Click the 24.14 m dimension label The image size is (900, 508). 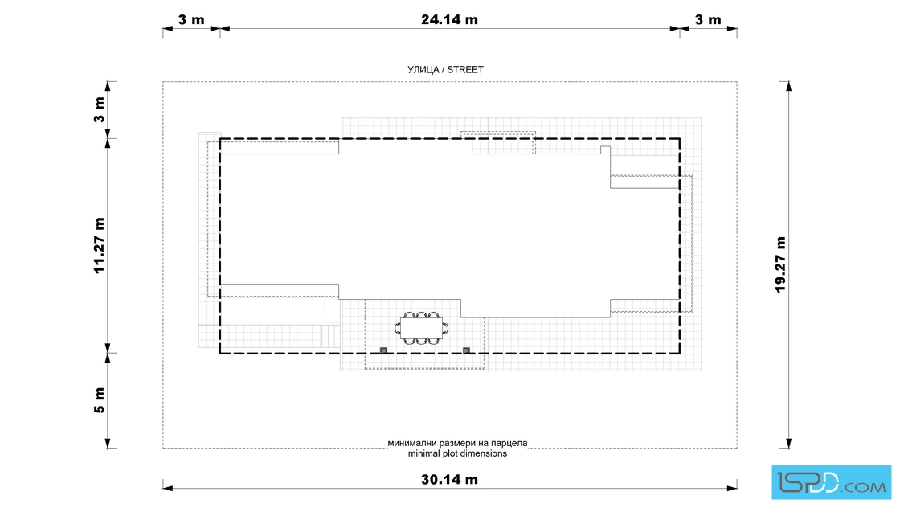pos(449,19)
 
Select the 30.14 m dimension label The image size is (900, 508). pos(449,479)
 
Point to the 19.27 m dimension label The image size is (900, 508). pos(780,264)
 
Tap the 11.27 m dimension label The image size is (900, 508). pos(100,246)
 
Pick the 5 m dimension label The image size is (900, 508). pos(100,400)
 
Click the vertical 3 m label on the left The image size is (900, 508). pos(100,109)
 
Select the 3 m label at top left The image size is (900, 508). pos(191,19)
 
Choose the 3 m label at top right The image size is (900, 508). pos(708,19)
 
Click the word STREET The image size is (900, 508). pos(465,69)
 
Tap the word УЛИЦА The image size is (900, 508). pos(423,69)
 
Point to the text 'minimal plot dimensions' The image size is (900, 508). pos(457,453)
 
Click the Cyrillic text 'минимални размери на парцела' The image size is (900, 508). pos(457,443)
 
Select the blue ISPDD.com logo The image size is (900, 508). pos(831,482)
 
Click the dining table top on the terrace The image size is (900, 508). pos(421,328)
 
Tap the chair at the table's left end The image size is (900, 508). pos(397,328)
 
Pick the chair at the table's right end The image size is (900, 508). pos(445,328)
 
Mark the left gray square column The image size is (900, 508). pos(383,350)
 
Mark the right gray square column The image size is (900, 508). pos(466,350)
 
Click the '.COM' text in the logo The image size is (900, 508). pos(863,488)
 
